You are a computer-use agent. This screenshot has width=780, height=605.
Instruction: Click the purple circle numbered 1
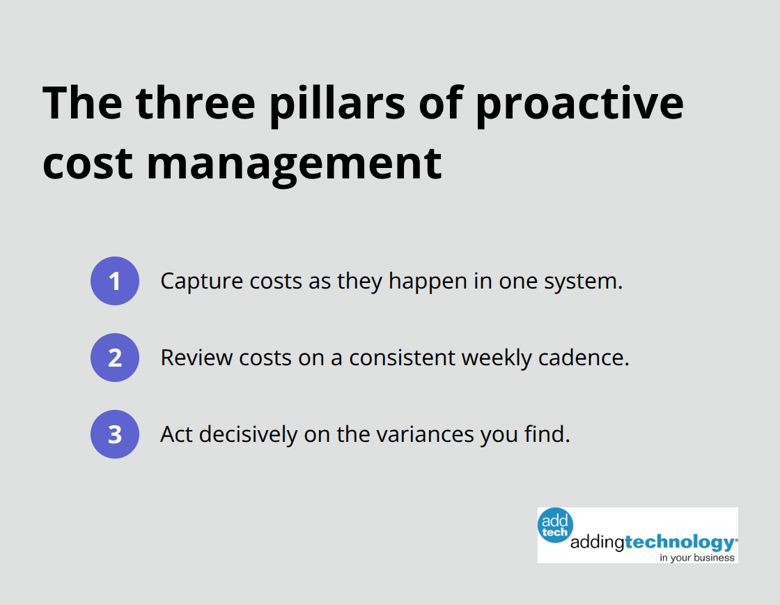(115, 281)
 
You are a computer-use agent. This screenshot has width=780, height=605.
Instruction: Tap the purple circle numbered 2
(115, 358)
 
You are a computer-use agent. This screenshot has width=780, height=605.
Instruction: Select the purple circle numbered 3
(115, 434)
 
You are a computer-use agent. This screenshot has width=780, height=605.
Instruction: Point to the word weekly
(497, 358)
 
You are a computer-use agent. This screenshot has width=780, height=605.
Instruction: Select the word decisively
(244, 434)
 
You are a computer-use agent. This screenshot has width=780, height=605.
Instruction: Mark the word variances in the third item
(426, 434)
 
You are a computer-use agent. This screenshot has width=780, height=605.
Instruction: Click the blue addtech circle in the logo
(555, 524)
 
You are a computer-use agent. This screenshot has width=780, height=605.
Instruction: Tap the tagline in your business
(697, 557)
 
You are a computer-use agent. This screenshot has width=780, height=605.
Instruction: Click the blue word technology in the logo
(679, 542)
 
